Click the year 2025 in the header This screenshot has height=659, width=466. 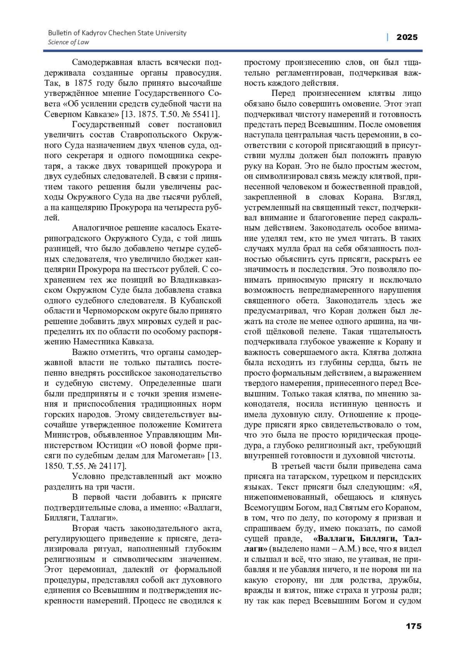[x=407, y=37]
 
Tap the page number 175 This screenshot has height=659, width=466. [x=414, y=626]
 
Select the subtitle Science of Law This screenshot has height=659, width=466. [x=68, y=42]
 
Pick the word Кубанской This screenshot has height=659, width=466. [x=202, y=300]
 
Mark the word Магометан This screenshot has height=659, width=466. [x=181, y=455]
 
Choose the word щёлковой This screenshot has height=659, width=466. [x=282, y=332]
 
